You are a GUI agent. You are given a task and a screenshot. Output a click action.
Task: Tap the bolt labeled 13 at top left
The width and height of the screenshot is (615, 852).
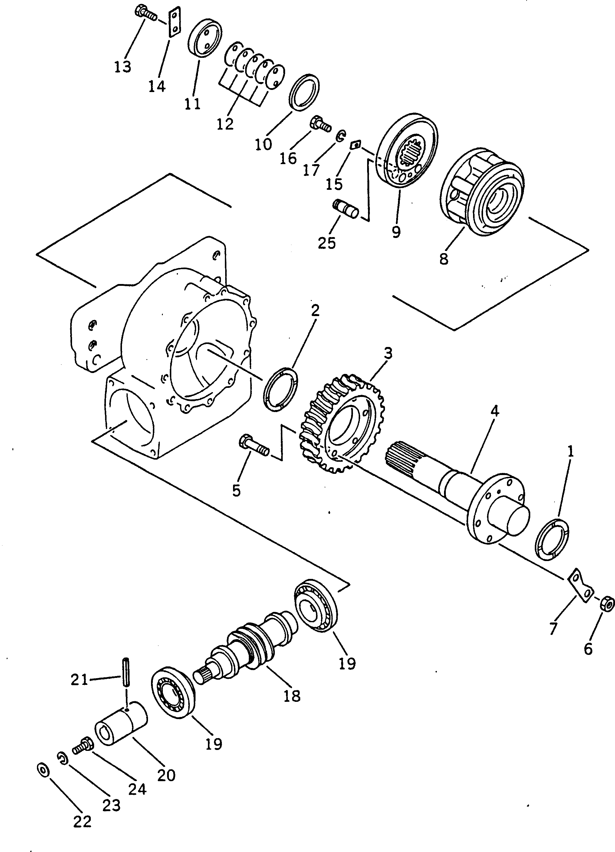click(x=145, y=12)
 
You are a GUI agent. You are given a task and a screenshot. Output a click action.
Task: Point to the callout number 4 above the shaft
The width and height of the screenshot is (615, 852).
click(x=495, y=411)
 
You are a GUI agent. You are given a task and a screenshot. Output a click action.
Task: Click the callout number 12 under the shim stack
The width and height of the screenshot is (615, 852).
click(x=225, y=124)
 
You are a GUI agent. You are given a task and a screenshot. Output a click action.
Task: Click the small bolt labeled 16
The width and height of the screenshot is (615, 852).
click(x=320, y=125)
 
